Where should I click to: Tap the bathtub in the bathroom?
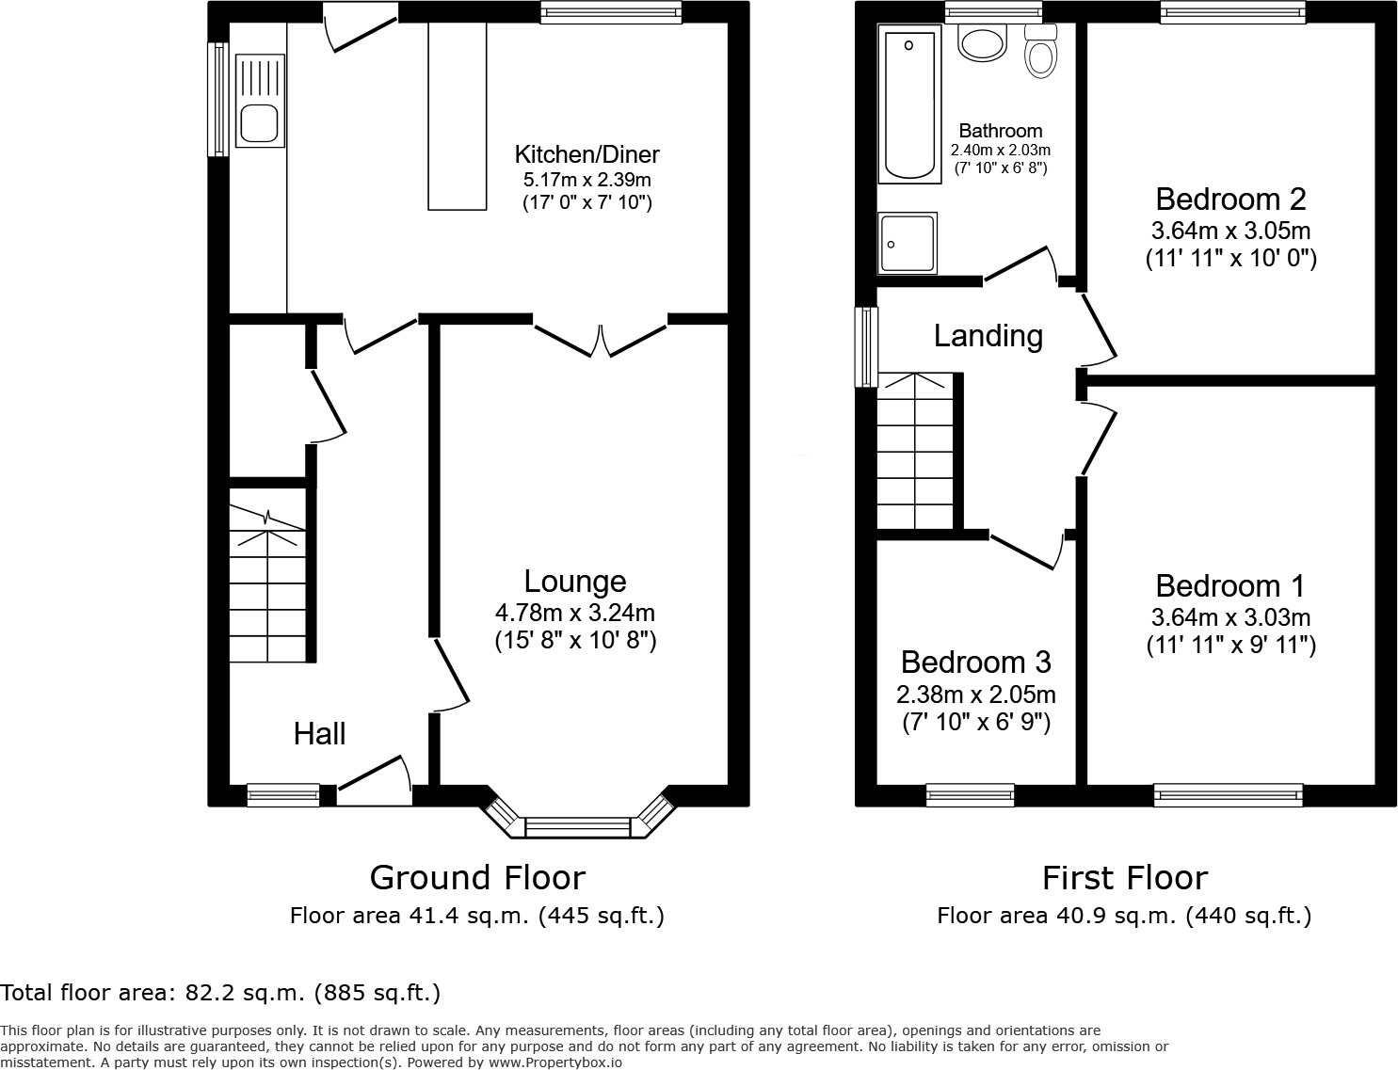[x=909, y=104]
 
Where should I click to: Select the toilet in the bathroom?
[x=1039, y=52]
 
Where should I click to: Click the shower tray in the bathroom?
[x=908, y=243]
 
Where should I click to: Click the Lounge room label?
[x=575, y=582]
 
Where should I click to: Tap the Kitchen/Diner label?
[x=587, y=154]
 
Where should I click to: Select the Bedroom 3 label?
[x=975, y=663]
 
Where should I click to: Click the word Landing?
[x=988, y=336]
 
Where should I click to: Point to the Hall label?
[x=319, y=734]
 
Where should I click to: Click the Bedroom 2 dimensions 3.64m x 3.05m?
[x=1230, y=231]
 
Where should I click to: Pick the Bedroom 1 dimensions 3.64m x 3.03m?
[x=1230, y=618]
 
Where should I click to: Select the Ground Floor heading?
[x=477, y=877]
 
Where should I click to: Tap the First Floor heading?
[x=1124, y=877]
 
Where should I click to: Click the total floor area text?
[x=220, y=992]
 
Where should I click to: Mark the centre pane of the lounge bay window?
[x=577, y=827]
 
